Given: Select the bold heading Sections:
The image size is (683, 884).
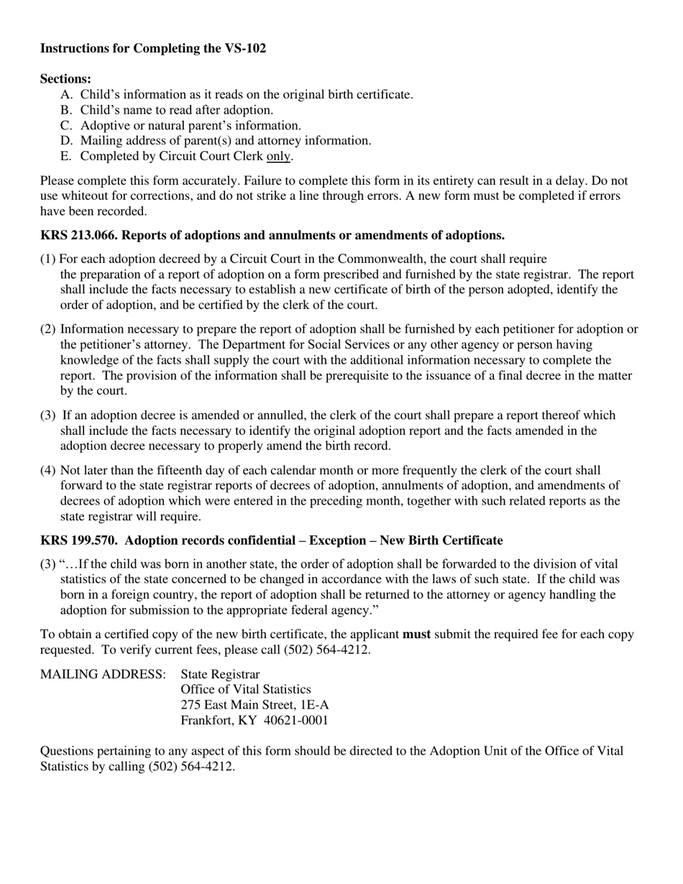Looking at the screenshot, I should tap(65, 79).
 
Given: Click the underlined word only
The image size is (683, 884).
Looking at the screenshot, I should tap(279, 156).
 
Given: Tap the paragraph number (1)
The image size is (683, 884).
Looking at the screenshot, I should tap(48, 259).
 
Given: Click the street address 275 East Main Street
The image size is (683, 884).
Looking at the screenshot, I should tap(237, 705).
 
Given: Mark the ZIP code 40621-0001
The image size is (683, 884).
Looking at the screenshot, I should tap(296, 721).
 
